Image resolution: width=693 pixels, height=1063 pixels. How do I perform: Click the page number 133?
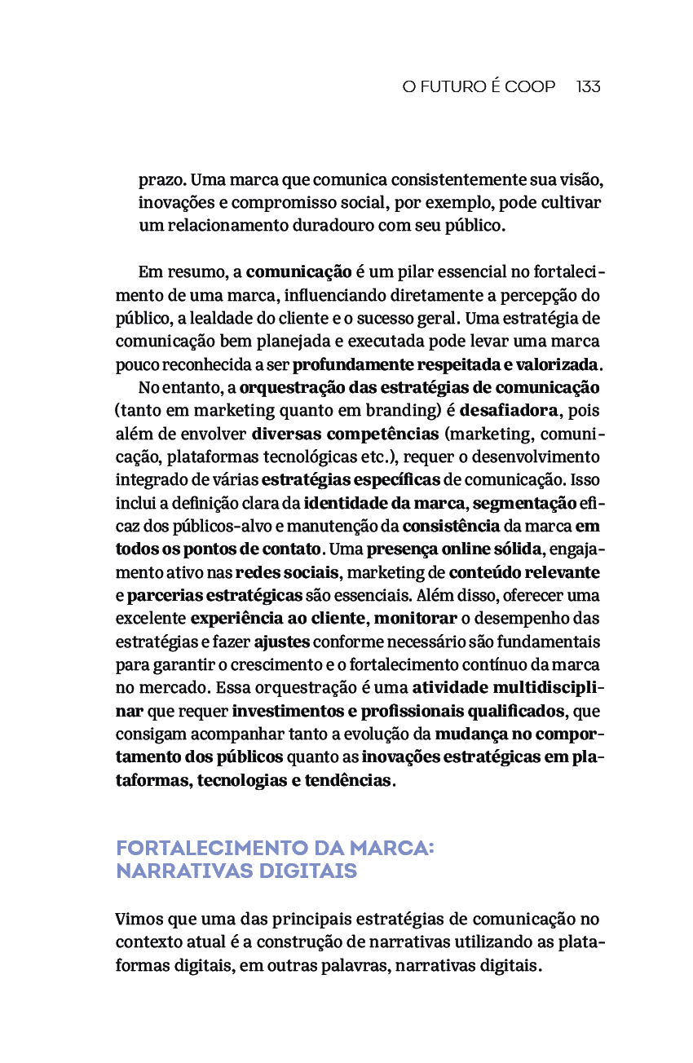(588, 86)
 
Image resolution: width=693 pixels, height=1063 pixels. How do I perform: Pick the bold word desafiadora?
(510, 410)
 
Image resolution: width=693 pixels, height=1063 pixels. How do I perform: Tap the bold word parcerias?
(163, 595)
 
